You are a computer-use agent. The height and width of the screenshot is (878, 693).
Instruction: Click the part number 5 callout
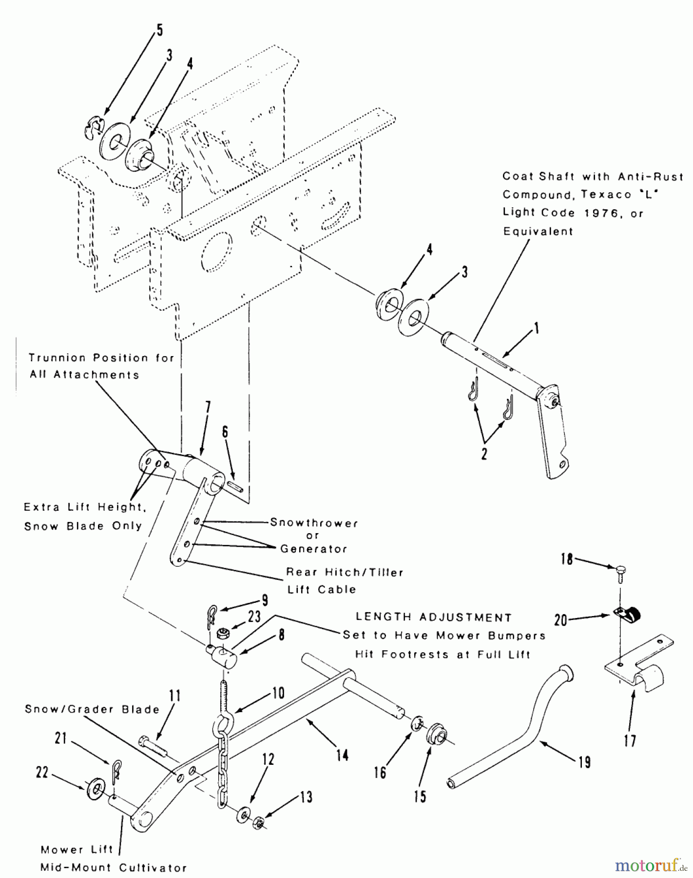click(x=160, y=30)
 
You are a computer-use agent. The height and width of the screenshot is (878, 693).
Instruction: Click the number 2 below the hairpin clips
click(x=484, y=454)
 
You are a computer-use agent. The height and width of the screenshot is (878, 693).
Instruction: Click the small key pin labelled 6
click(x=236, y=486)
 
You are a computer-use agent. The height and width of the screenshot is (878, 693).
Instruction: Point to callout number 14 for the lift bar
click(x=343, y=755)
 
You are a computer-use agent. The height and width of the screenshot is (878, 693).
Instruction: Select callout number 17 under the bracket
click(x=630, y=740)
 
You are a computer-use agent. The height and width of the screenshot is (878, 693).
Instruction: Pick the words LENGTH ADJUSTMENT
click(x=433, y=618)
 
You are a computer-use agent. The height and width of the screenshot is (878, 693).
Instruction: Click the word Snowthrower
click(x=314, y=523)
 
